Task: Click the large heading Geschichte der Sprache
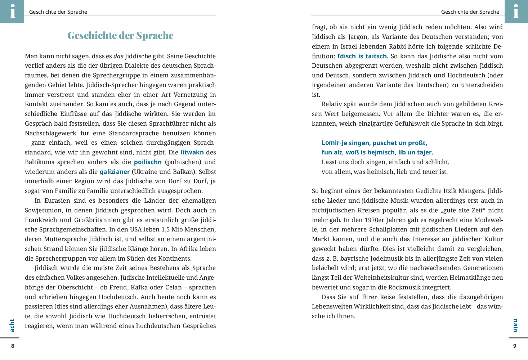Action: [x=120, y=35]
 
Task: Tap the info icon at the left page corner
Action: [x=12, y=11]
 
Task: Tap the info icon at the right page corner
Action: [x=516, y=11]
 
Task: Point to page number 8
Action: [x=13, y=346]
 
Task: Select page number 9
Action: [x=515, y=346]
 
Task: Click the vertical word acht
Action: [x=12, y=325]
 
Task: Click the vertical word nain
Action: [x=515, y=325]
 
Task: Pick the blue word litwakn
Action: [x=192, y=152]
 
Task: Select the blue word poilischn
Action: [x=148, y=162]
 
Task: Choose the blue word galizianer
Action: [x=115, y=172]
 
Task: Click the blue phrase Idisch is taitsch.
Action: [x=363, y=56]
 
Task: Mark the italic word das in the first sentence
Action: [x=118, y=56]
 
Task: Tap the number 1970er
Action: [x=363, y=220]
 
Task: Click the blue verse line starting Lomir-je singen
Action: [x=374, y=143]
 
